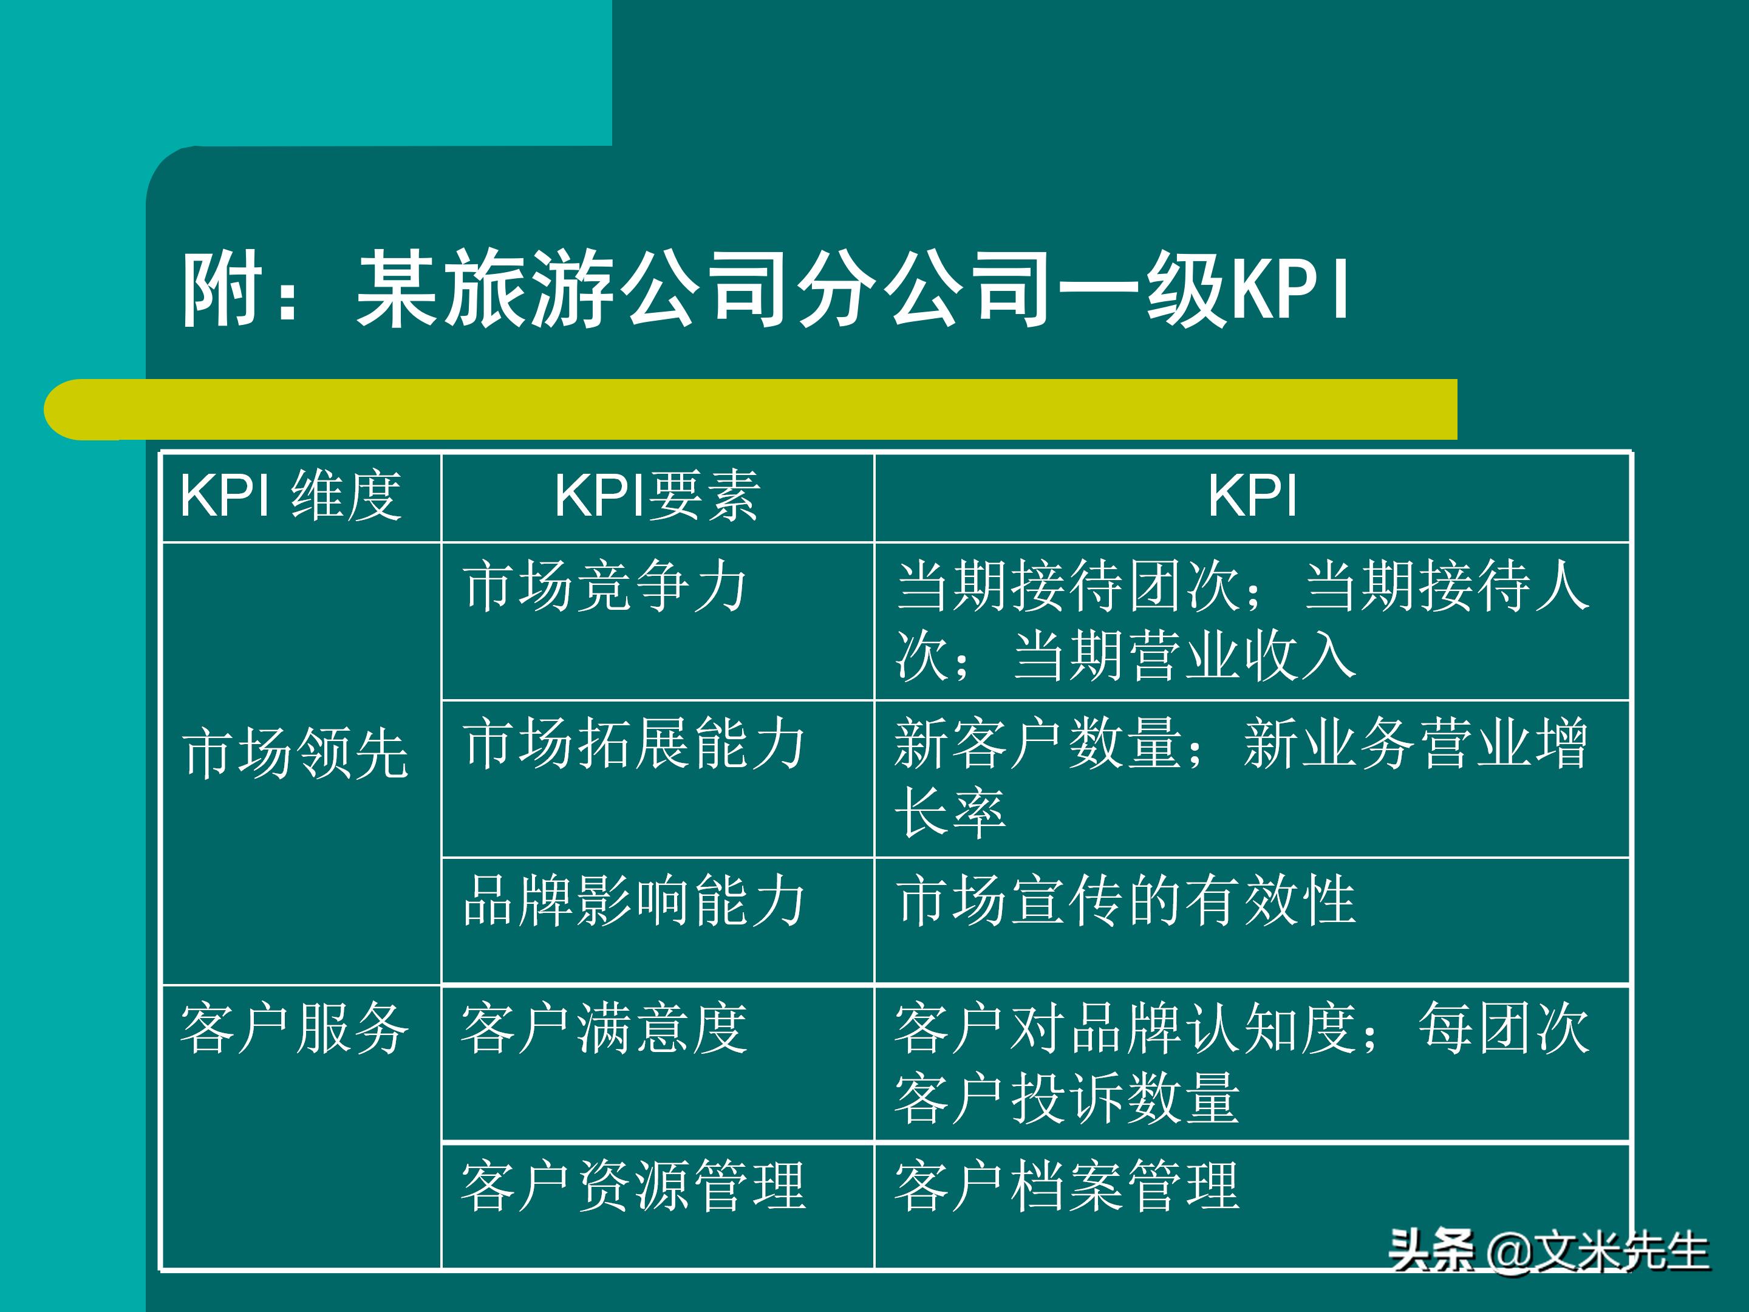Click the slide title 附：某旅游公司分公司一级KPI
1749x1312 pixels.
[x=765, y=289]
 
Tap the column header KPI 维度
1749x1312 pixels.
[x=291, y=496]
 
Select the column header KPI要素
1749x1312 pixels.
[x=657, y=496]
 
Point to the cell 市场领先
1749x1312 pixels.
[x=295, y=754]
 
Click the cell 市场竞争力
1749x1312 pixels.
[x=605, y=586]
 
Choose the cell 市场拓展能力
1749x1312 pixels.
[x=634, y=743]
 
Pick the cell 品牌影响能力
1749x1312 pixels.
[x=634, y=901]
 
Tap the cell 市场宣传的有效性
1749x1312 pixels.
[x=1126, y=901]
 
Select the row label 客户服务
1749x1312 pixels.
[x=294, y=1029]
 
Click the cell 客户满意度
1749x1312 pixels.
[x=604, y=1029]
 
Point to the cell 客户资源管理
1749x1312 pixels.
[x=633, y=1186]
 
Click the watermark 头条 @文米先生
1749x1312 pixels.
[x=1548, y=1252]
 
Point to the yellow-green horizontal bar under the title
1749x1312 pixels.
[x=749, y=409]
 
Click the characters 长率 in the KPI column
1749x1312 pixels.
[x=950, y=813]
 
